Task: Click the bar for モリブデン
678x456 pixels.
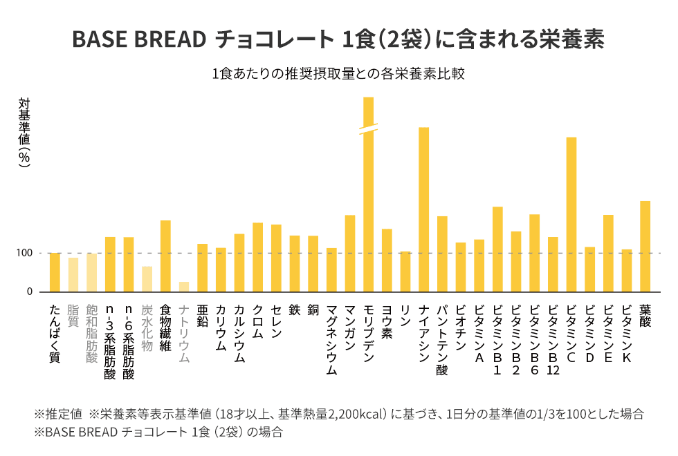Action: [x=368, y=207]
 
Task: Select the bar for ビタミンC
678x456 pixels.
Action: [x=571, y=214]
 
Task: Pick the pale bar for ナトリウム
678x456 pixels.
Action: [x=183, y=287]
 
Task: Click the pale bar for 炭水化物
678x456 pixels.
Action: [x=147, y=278]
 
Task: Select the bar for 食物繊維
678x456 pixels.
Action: [x=165, y=256]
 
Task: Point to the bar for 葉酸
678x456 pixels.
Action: [x=645, y=246]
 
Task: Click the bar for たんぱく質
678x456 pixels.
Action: [x=55, y=272]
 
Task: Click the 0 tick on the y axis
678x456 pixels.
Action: [x=30, y=292]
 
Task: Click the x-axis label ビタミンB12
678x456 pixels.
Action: [x=553, y=340]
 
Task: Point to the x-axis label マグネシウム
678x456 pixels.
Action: [x=331, y=340]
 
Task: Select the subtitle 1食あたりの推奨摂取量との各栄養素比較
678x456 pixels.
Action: [x=338, y=74]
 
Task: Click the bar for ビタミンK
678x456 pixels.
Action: [x=627, y=270]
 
